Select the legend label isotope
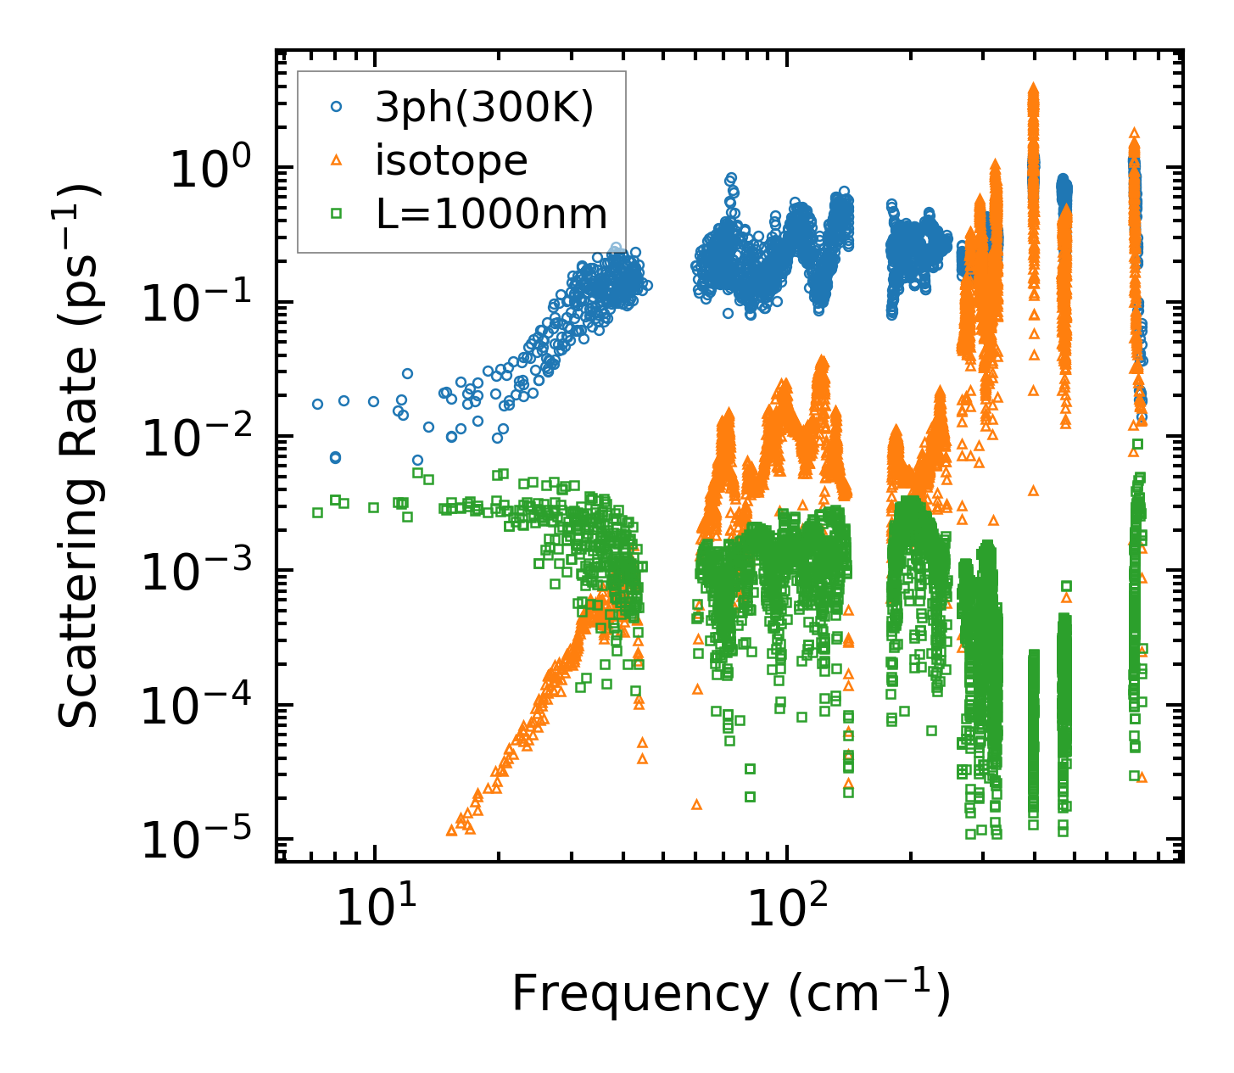click(x=451, y=161)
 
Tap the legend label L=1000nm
click(x=492, y=215)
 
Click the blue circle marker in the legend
click(x=337, y=107)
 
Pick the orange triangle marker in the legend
click(x=337, y=160)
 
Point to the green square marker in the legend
click(x=337, y=214)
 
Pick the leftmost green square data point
click(x=317, y=512)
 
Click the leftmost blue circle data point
click(x=317, y=404)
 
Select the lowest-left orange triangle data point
click(x=451, y=830)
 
